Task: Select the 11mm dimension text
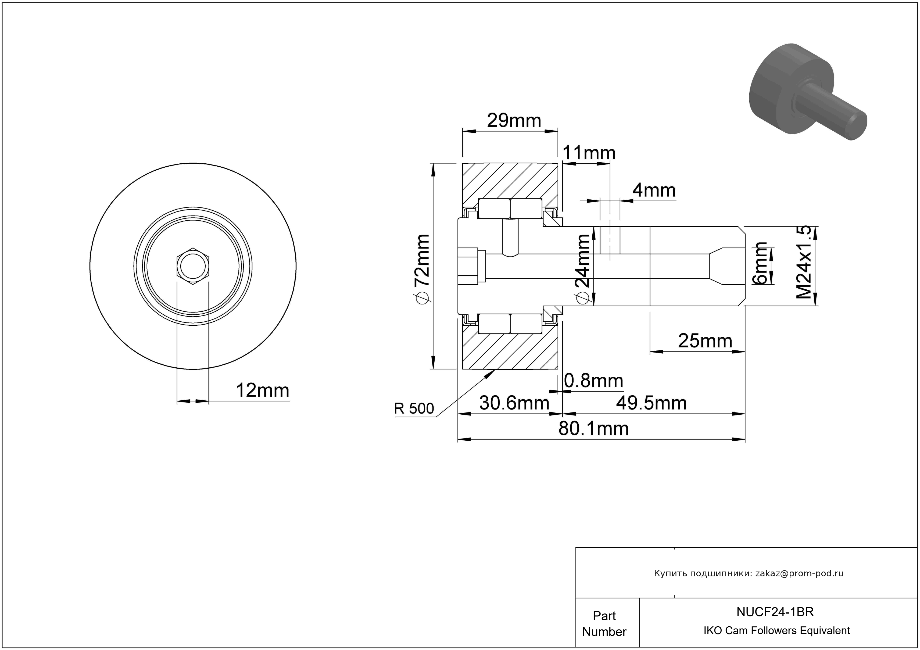click(x=589, y=153)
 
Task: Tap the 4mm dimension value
click(x=654, y=190)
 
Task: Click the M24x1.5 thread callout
click(x=804, y=262)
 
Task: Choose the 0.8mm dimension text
click(x=593, y=380)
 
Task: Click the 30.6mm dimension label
click(x=514, y=403)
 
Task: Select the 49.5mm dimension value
click(x=651, y=403)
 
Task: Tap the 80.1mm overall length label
click(x=593, y=429)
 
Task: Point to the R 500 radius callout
click(x=414, y=408)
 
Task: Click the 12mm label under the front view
click(x=263, y=390)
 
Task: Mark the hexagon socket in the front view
click(x=193, y=266)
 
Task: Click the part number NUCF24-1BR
click(x=775, y=612)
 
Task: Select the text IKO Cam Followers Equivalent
click(x=776, y=630)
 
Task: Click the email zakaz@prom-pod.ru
click(x=799, y=573)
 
